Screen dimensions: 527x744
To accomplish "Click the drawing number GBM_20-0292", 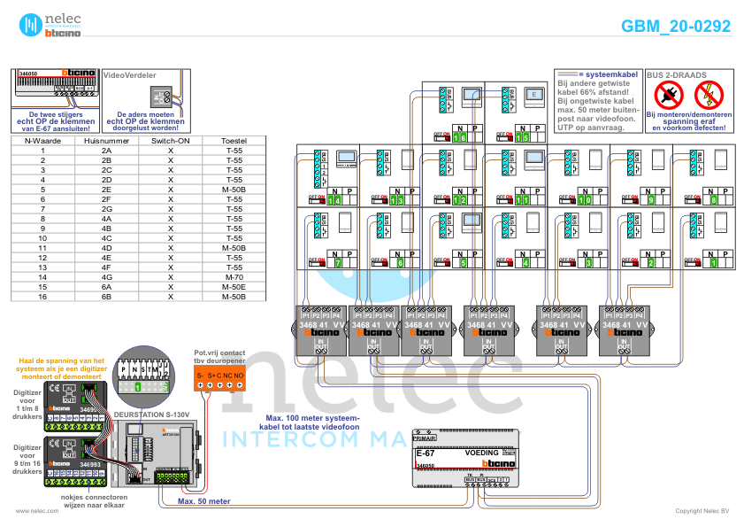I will tap(676, 27).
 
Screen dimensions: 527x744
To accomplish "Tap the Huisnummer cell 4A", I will tap(106, 218).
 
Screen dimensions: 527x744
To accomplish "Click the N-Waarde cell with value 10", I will tap(42, 237).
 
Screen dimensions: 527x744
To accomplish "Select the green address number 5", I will tap(463, 262).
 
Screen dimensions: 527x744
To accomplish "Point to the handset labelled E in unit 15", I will tap(533, 93).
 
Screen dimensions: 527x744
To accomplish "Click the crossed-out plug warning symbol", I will tap(671, 94).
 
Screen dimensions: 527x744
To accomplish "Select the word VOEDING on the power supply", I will tap(482, 453).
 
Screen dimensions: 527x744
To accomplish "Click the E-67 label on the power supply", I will tap(425, 453).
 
